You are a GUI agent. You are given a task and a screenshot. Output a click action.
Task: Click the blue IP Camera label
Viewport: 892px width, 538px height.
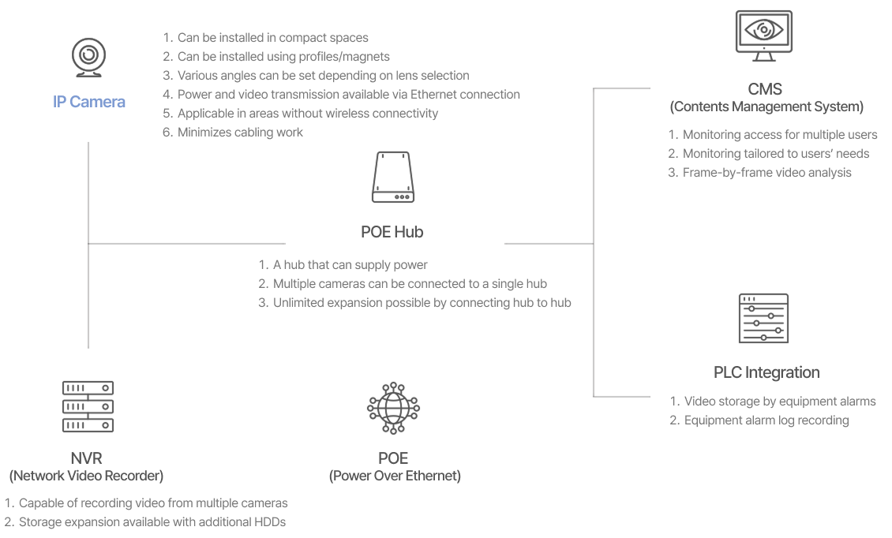(88, 102)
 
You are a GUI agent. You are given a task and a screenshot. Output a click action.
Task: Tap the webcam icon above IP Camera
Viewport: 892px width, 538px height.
(88, 58)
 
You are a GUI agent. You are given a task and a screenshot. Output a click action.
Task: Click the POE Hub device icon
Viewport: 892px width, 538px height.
(393, 177)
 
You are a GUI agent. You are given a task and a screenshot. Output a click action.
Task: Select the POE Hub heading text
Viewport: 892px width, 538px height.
(392, 232)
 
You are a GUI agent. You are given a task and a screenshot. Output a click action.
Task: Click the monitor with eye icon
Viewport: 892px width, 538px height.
(764, 35)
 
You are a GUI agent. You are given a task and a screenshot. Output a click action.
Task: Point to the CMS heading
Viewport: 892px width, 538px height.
(765, 89)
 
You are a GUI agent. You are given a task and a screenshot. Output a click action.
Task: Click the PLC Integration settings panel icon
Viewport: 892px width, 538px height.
(763, 319)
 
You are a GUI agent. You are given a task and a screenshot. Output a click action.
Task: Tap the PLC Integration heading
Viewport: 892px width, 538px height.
(766, 372)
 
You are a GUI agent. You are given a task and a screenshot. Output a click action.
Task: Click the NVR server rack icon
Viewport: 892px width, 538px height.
(88, 406)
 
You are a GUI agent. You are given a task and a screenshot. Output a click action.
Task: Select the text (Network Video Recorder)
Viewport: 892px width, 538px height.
(87, 476)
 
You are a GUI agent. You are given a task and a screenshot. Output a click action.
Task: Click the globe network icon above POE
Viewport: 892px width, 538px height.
(393, 409)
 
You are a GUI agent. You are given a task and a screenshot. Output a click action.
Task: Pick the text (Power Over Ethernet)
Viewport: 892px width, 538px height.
(395, 476)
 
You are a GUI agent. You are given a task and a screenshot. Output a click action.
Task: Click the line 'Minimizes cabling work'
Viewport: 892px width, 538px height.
(240, 133)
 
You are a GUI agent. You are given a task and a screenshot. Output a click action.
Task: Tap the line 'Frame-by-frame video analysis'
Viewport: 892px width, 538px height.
(766, 173)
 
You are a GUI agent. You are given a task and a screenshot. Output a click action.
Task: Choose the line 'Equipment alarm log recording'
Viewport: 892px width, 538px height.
(766, 420)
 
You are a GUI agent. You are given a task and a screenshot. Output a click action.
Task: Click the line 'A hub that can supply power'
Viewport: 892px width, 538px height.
(350, 265)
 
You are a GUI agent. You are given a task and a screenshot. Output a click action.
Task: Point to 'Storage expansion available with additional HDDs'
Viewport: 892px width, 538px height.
(152, 522)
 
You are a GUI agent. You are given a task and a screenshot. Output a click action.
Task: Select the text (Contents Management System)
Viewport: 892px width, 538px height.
(766, 107)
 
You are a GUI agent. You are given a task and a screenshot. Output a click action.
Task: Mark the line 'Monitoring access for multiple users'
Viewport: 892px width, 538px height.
(780, 135)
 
